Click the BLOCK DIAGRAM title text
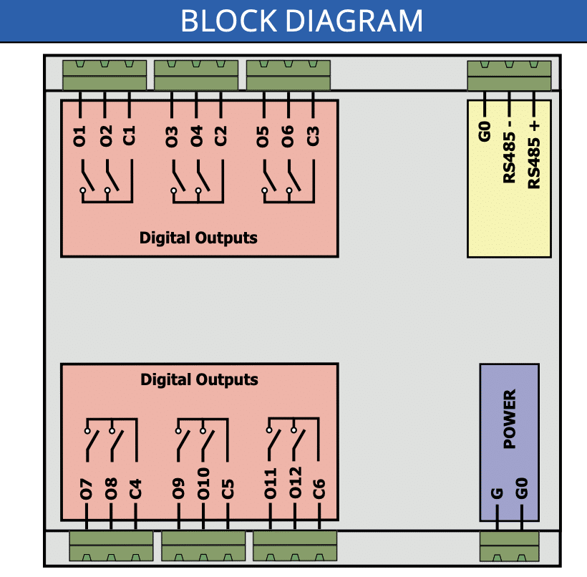coord(301,21)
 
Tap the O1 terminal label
coord(79,136)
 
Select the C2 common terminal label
coord(220,136)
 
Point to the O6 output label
coord(288,136)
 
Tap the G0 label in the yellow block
coord(485,132)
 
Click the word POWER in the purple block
coord(510,419)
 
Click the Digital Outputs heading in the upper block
coord(198,238)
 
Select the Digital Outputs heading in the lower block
coord(199,379)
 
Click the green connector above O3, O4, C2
coord(196,75)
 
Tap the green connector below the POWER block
coord(510,547)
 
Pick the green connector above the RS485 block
coord(510,75)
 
